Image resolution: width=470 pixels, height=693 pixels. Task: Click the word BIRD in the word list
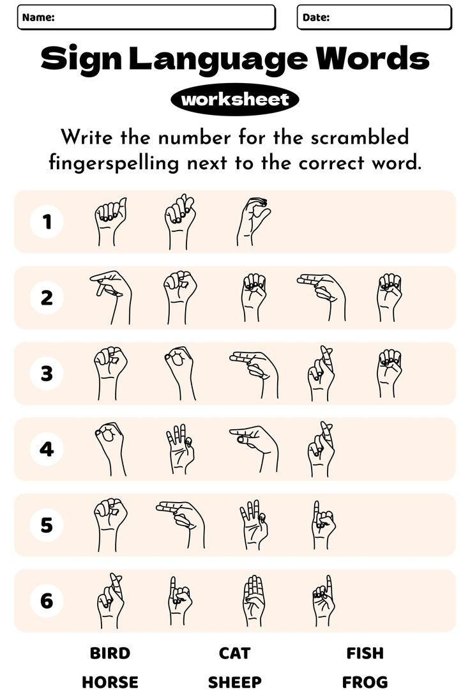pyautogui.click(x=110, y=653)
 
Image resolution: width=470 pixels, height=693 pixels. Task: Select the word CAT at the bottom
pyautogui.click(x=234, y=653)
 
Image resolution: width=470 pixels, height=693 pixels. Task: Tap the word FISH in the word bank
pyautogui.click(x=365, y=653)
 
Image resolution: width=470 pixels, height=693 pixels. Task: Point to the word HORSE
pyautogui.click(x=110, y=682)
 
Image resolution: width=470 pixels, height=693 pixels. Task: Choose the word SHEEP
pyautogui.click(x=234, y=682)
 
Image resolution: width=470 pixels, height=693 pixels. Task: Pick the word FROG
pyautogui.click(x=365, y=682)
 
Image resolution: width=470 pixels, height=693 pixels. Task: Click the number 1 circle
pyautogui.click(x=47, y=222)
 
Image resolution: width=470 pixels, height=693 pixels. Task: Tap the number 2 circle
pyautogui.click(x=47, y=298)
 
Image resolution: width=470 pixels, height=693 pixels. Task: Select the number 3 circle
pyautogui.click(x=47, y=374)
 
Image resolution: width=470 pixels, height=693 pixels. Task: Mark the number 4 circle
pyautogui.click(x=47, y=449)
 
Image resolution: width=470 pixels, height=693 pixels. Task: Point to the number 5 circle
pyautogui.click(x=47, y=525)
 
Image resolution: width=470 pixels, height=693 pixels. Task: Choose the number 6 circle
pyautogui.click(x=47, y=601)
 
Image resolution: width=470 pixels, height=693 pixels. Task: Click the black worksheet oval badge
pyautogui.click(x=235, y=100)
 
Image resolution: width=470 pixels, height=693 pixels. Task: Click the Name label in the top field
pyautogui.click(x=38, y=18)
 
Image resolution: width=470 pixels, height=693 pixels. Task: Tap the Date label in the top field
pyautogui.click(x=316, y=18)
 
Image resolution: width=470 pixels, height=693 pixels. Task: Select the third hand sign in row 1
pyautogui.click(x=252, y=222)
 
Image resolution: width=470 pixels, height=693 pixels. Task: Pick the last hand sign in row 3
pyautogui.click(x=388, y=373)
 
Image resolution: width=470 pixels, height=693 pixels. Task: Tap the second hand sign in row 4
pyautogui.click(x=180, y=448)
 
